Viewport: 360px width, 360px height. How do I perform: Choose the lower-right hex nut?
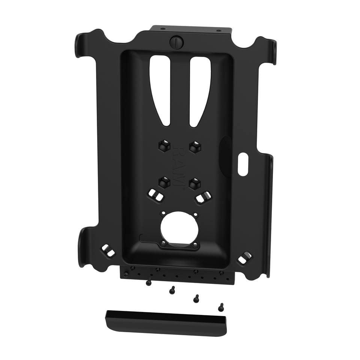pos(194,183)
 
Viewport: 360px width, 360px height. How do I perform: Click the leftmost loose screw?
pos(149,282)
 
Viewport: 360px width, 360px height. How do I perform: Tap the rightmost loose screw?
pos(221,306)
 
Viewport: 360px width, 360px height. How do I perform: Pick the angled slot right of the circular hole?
pos(202,196)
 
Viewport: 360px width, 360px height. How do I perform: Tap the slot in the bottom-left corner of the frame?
pos(108,250)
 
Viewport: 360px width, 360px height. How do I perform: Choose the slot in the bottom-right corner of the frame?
pos(246,257)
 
